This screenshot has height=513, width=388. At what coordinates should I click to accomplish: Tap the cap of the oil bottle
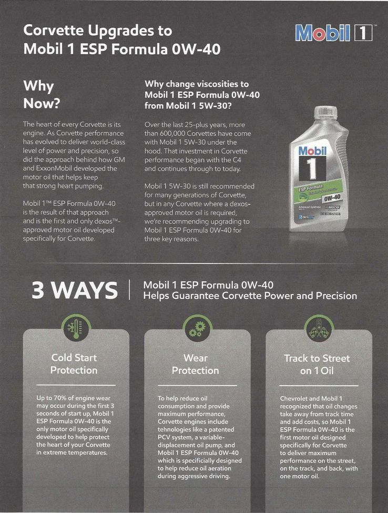(x=325, y=112)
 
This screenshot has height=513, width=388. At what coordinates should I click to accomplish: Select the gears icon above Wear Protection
(x=196, y=328)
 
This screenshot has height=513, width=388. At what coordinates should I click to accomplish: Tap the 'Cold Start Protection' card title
(x=74, y=364)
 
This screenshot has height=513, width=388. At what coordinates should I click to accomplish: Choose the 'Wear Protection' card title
(x=196, y=364)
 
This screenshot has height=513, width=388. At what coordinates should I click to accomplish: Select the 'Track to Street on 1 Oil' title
(x=316, y=364)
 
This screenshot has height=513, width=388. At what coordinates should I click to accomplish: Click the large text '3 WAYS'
(x=75, y=290)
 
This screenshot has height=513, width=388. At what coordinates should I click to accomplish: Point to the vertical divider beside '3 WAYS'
(x=130, y=289)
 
